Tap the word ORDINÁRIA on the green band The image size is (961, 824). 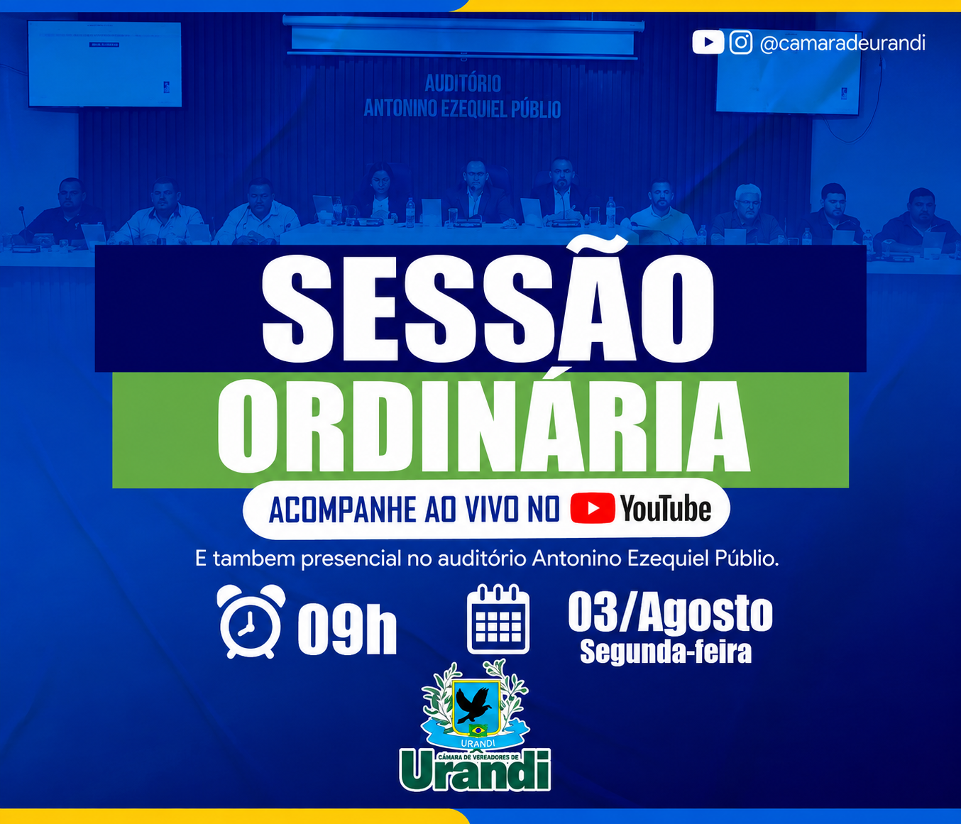coord(483,427)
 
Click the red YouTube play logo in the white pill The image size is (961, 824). coord(593,507)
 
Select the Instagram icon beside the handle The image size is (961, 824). coord(741,43)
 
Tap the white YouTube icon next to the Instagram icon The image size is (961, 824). coord(708,43)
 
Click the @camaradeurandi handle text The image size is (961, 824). coord(842,43)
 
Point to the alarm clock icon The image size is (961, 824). coord(251,622)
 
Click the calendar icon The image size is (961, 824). coord(498,620)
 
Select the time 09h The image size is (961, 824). coord(347,629)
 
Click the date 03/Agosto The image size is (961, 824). coord(670,612)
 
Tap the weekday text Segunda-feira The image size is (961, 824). coord(666,652)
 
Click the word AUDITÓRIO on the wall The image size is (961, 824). coord(463,84)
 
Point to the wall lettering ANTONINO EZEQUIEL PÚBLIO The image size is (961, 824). coord(462,109)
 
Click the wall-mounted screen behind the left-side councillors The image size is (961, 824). coord(104,64)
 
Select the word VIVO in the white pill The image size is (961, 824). coord(495,510)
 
